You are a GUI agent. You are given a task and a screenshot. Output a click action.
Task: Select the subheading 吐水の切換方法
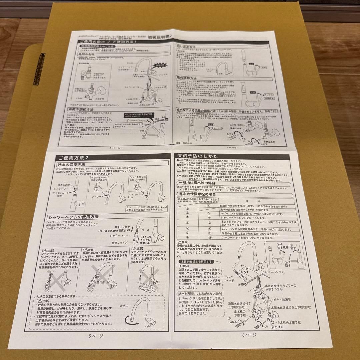point(72,165)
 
